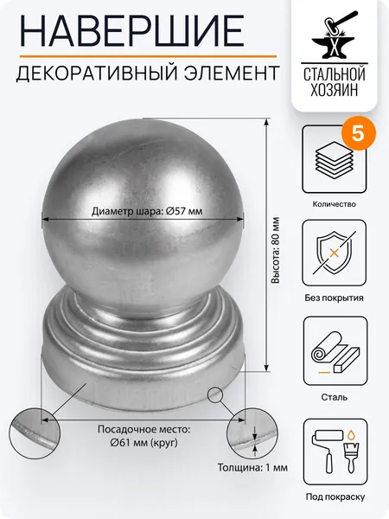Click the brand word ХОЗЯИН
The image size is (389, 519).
(334, 89)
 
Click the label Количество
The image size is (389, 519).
(334, 204)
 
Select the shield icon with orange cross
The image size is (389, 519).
(334, 253)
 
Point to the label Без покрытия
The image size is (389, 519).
(334, 298)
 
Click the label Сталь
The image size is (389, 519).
(334, 397)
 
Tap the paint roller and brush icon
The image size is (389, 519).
(334, 452)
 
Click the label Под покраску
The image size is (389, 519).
(335, 497)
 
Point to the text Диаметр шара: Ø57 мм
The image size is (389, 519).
(147, 211)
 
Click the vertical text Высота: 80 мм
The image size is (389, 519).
(275, 250)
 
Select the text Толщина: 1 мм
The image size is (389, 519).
(252, 468)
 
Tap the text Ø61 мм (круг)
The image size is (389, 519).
(143, 443)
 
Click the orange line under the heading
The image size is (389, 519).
(148, 56)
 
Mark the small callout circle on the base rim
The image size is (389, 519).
(215, 394)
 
